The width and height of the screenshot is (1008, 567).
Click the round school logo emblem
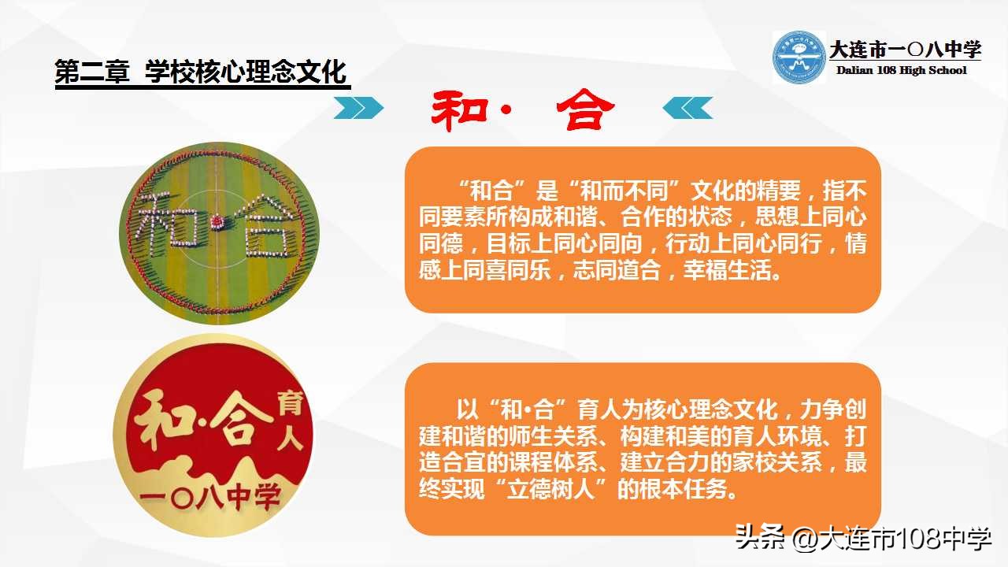click(799, 57)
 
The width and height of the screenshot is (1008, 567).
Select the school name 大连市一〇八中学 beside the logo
click(905, 50)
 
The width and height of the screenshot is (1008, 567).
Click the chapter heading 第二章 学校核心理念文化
click(202, 72)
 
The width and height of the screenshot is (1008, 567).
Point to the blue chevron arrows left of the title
click(358, 108)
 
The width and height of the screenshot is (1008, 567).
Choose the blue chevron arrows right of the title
click(687, 108)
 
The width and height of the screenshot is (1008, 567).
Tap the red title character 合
click(583, 111)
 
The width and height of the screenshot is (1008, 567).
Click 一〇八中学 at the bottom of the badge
click(211, 498)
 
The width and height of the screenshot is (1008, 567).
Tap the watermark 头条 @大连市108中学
click(862, 539)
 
